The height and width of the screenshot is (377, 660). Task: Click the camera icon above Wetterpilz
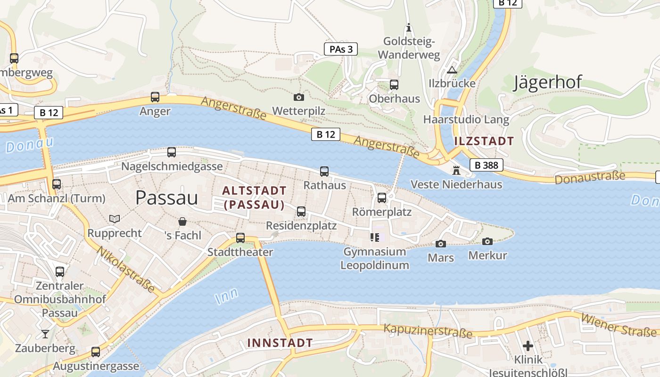click(298, 97)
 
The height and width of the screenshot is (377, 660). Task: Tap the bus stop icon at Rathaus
click(324, 172)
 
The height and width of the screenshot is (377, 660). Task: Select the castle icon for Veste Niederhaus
click(456, 170)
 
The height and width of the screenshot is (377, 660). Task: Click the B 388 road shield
click(487, 165)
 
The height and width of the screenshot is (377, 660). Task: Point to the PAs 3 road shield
click(341, 49)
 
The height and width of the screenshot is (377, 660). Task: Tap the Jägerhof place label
click(547, 82)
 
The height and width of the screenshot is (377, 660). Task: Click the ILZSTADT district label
click(484, 141)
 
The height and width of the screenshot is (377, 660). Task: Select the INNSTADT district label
click(280, 343)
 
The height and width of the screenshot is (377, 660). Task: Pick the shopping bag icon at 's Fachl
click(182, 221)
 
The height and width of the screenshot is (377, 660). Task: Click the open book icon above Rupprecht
click(114, 219)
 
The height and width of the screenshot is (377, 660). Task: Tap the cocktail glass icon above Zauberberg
click(45, 334)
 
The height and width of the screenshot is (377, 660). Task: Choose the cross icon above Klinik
click(528, 346)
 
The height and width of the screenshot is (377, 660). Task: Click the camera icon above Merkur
click(487, 242)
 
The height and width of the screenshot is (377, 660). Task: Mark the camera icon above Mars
click(441, 244)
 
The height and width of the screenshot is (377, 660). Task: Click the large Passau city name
click(166, 198)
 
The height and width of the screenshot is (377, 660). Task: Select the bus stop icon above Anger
click(155, 97)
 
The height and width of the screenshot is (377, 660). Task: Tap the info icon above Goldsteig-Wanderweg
click(409, 28)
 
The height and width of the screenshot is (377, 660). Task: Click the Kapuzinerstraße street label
click(428, 331)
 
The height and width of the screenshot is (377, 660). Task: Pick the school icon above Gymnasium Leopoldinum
click(375, 238)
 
